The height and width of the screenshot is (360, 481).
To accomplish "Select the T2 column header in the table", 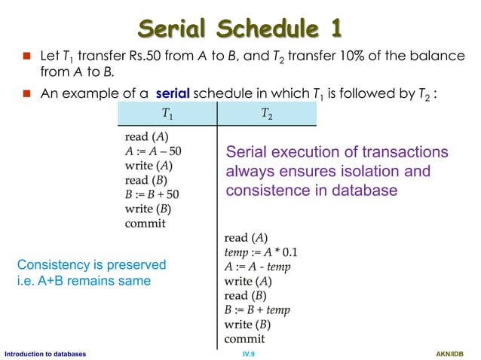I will pyautogui.click(x=267, y=114).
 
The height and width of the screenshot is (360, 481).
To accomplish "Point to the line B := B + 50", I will pyautogui.click(x=152, y=194).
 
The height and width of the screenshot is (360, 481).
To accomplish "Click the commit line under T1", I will pyautogui.click(x=145, y=223).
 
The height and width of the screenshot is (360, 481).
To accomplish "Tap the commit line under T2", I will pyautogui.click(x=245, y=339).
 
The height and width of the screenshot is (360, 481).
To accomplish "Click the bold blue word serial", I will pyautogui.click(x=173, y=94).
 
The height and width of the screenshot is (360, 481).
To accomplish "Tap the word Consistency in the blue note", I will pyautogui.click(x=52, y=265).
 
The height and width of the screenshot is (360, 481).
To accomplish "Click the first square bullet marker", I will pyautogui.click(x=25, y=58).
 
